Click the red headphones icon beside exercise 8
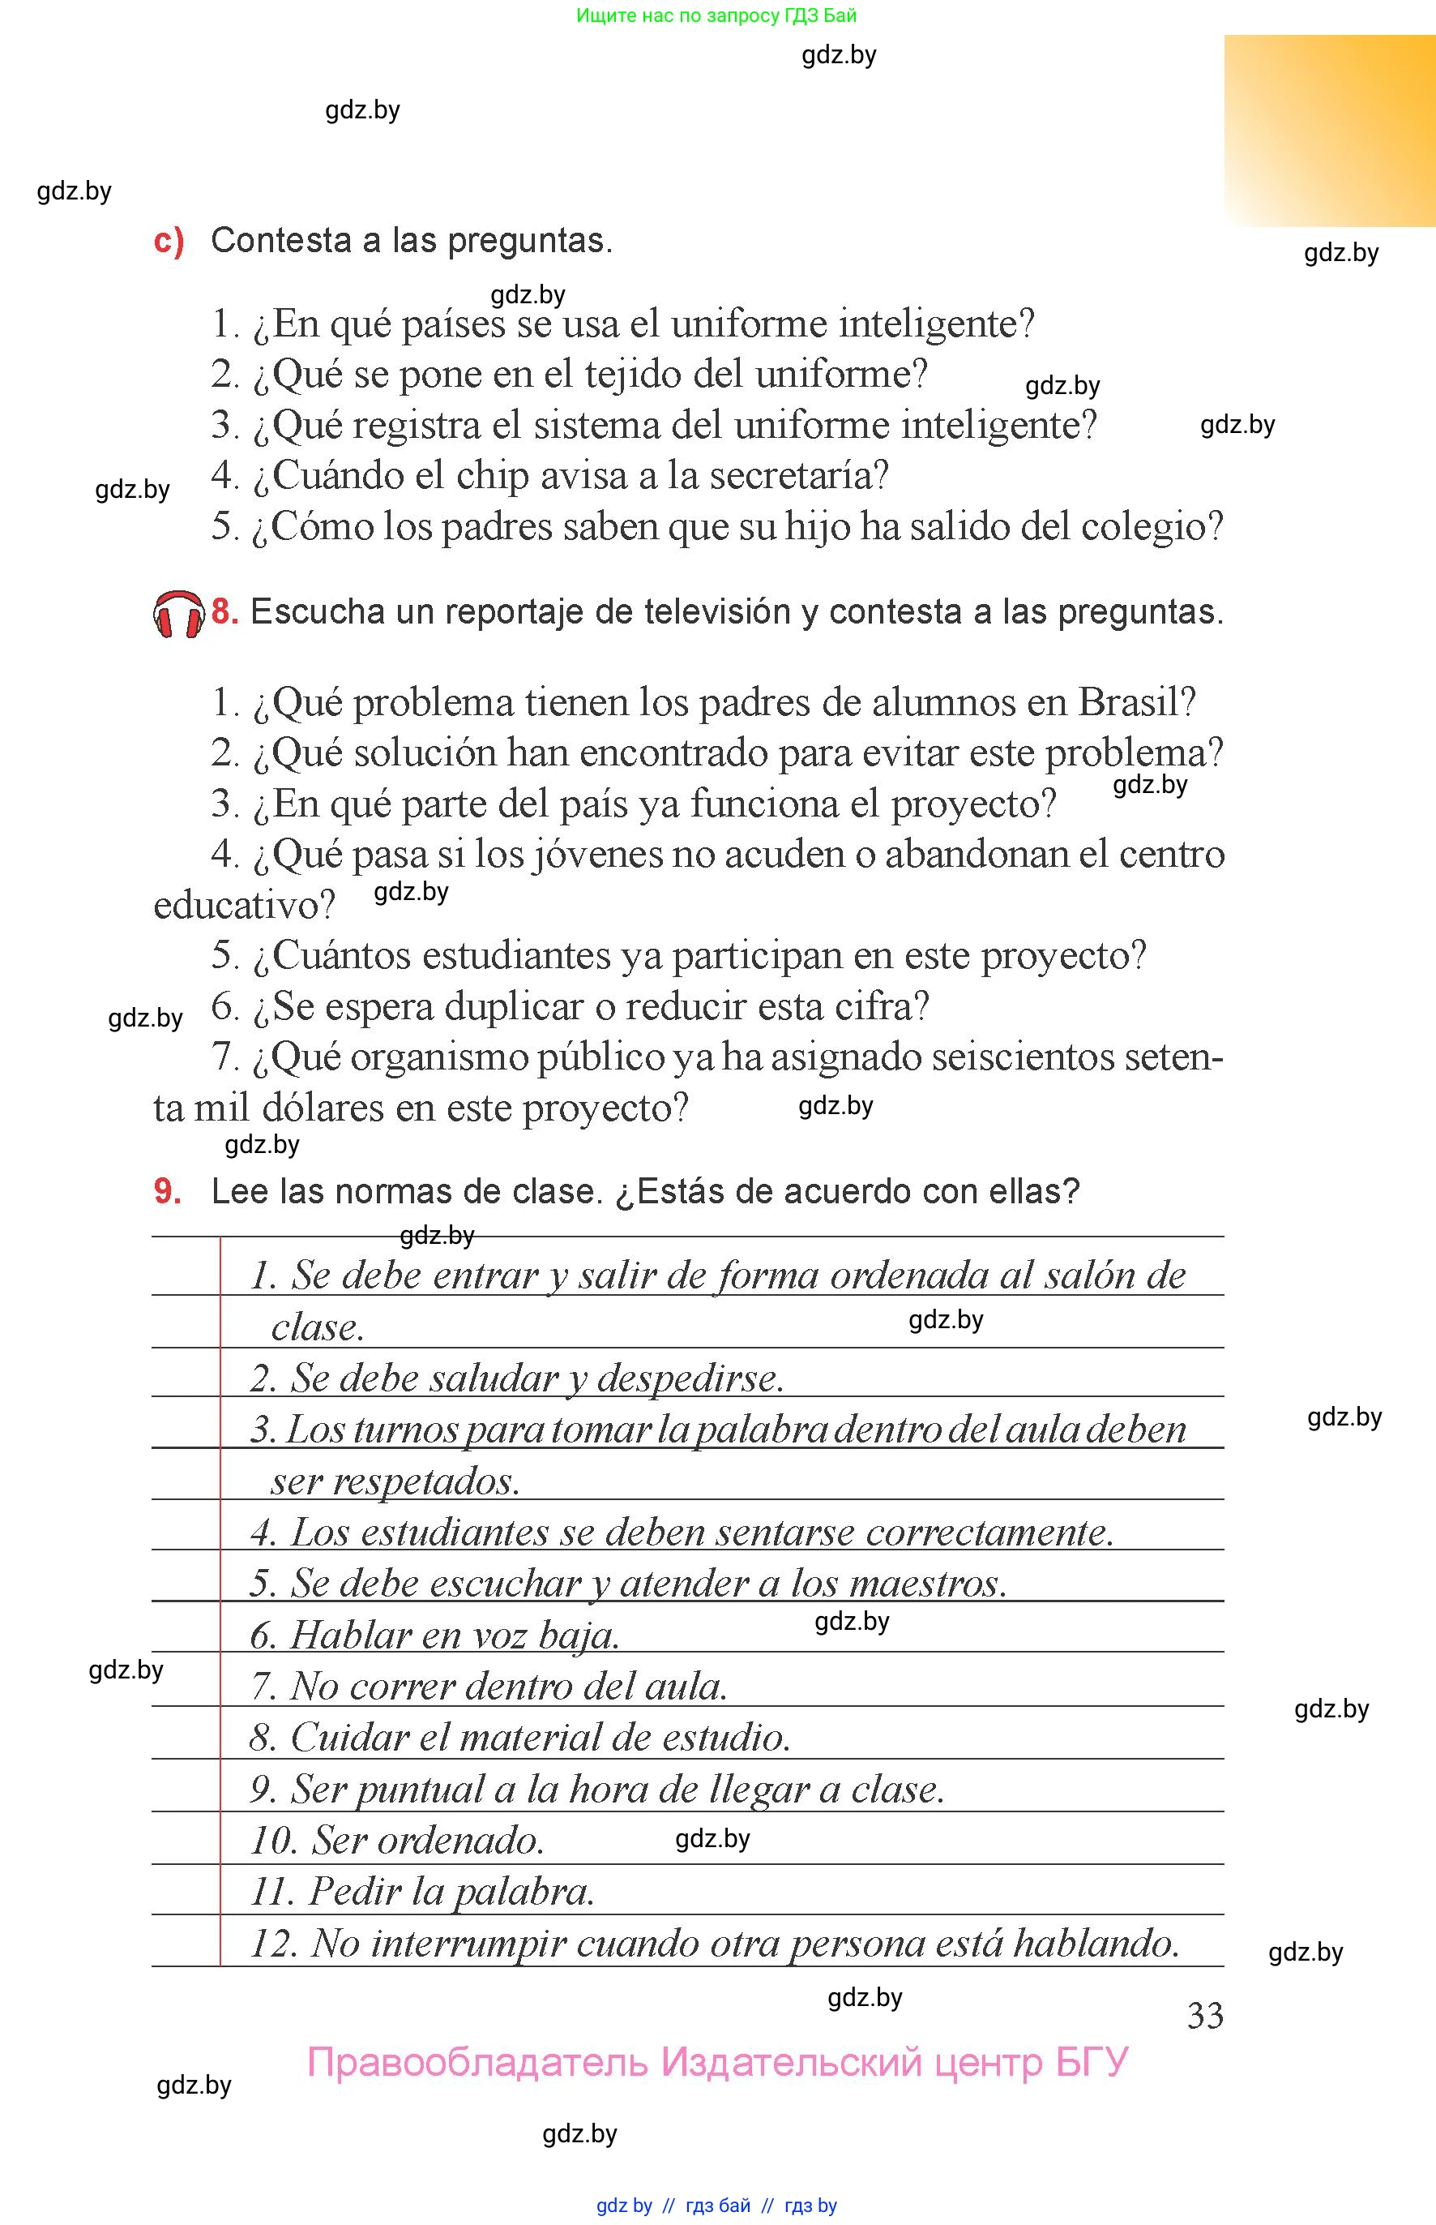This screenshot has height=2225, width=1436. tap(178, 614)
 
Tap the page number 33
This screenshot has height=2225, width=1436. tap(1205, 2015)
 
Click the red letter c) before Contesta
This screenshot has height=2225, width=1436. tap(169, 241)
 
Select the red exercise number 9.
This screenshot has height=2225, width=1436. tap(167, 1191)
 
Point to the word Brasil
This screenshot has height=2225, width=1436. tap(1135, 702)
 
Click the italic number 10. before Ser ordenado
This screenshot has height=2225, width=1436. tap(273, 1840)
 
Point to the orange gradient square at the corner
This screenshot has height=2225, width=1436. tap(1330, 131)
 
